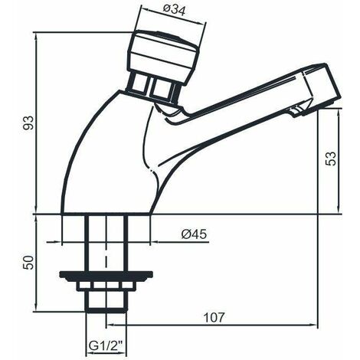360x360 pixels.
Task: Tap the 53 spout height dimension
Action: (332, 159)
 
